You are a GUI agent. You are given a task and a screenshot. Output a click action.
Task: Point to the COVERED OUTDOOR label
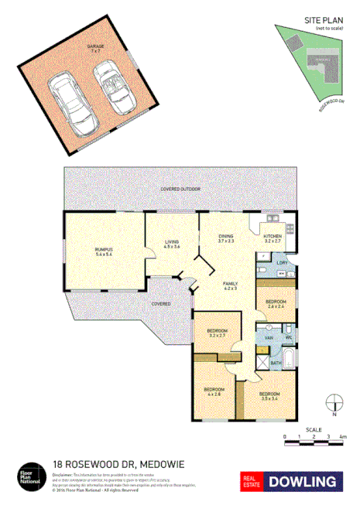(x=180, y=189)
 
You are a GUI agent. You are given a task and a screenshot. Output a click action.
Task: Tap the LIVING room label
(x=172, y=244)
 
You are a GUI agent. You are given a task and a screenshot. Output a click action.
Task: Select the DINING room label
(x=225, y=239)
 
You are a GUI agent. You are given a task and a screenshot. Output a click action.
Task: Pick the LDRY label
(x=281, y=263)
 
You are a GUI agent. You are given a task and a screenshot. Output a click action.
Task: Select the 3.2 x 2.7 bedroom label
(x=216, y=333)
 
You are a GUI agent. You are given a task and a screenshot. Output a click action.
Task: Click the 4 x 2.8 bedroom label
(x=214, y=390)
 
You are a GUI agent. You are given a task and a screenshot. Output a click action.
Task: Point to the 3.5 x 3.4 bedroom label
(x=270, y=395)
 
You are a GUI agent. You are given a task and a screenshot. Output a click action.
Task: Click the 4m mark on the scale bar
(x=341, y=437)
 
